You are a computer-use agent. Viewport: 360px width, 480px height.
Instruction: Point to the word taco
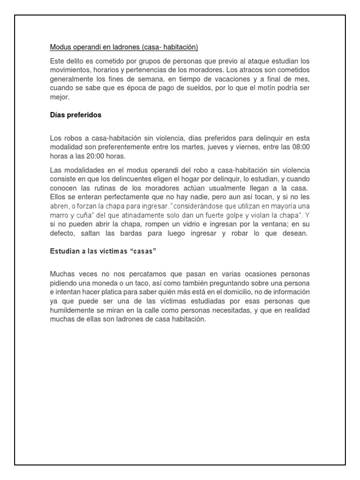(132, 283)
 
